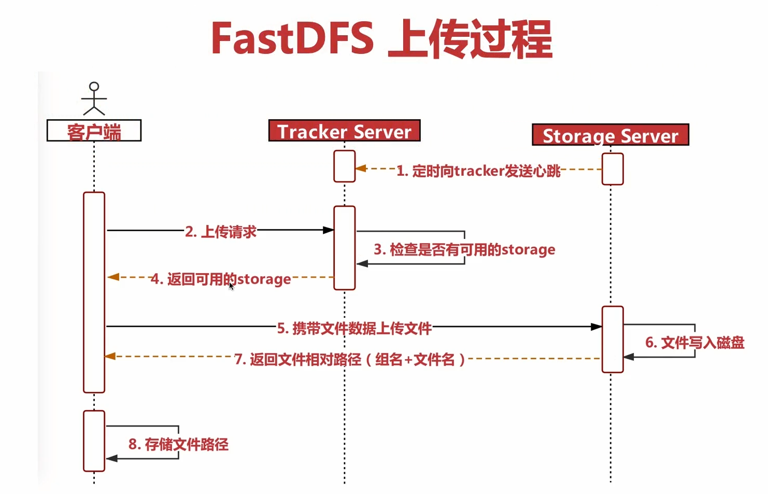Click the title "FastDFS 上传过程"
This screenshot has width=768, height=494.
(x=382, y=39)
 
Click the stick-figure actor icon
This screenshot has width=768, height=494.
(x=94, y=98)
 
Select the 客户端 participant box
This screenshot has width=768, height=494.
(x=94, y=131)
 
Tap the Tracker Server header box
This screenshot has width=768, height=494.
(x=344, y=131)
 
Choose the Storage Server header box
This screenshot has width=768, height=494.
(x=610, y=135)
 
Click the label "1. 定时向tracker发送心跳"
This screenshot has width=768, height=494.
(x=478, y=171)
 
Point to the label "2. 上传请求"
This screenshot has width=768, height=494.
(x=221, y=231)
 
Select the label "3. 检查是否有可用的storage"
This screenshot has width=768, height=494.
(x=464, y=249)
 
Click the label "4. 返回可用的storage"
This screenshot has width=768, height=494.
(x=221, y=279)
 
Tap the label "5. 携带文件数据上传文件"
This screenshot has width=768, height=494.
(x=354, y=328)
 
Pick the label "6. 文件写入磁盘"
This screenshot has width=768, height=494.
(x=694, y=342)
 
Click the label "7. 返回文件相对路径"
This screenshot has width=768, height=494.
(x=350, y=359)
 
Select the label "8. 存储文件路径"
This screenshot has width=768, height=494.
(x=178, y=444)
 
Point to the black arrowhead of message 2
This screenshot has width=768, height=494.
(x=328, y=230)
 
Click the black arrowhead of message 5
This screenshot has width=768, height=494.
(x=596, y=327)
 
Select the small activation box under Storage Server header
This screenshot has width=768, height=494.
(x=612, y=169)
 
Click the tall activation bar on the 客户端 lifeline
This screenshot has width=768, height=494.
(x=94, y=292)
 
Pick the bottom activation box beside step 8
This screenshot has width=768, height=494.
(x=94, y=441)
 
